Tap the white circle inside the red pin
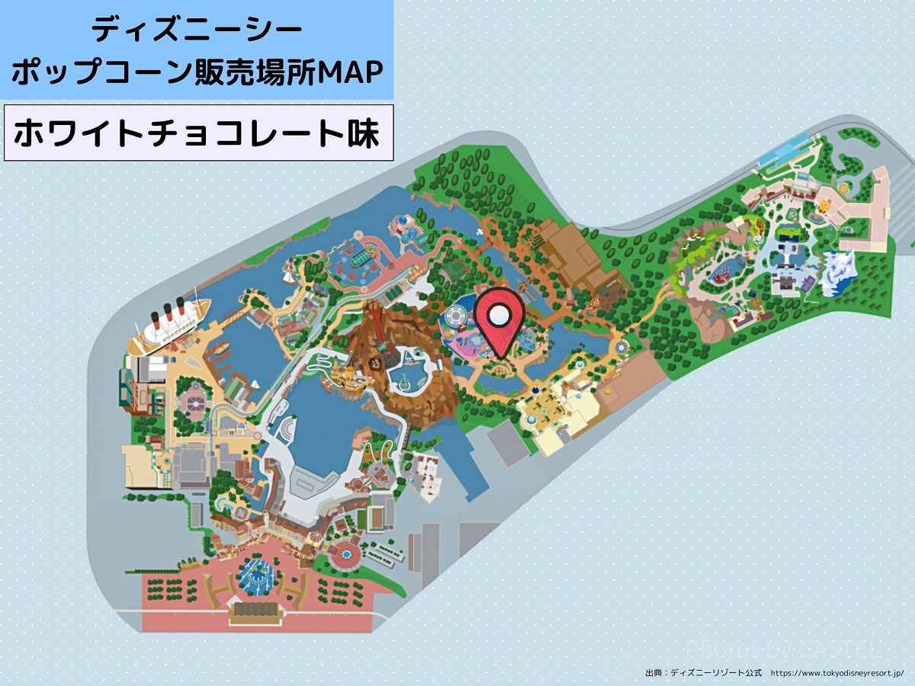coord(500,314)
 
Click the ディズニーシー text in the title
coord(197,30)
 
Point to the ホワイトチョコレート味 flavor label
coord(197,135)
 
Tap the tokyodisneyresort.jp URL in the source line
coord(836,674)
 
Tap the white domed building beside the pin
coord(454,315)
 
